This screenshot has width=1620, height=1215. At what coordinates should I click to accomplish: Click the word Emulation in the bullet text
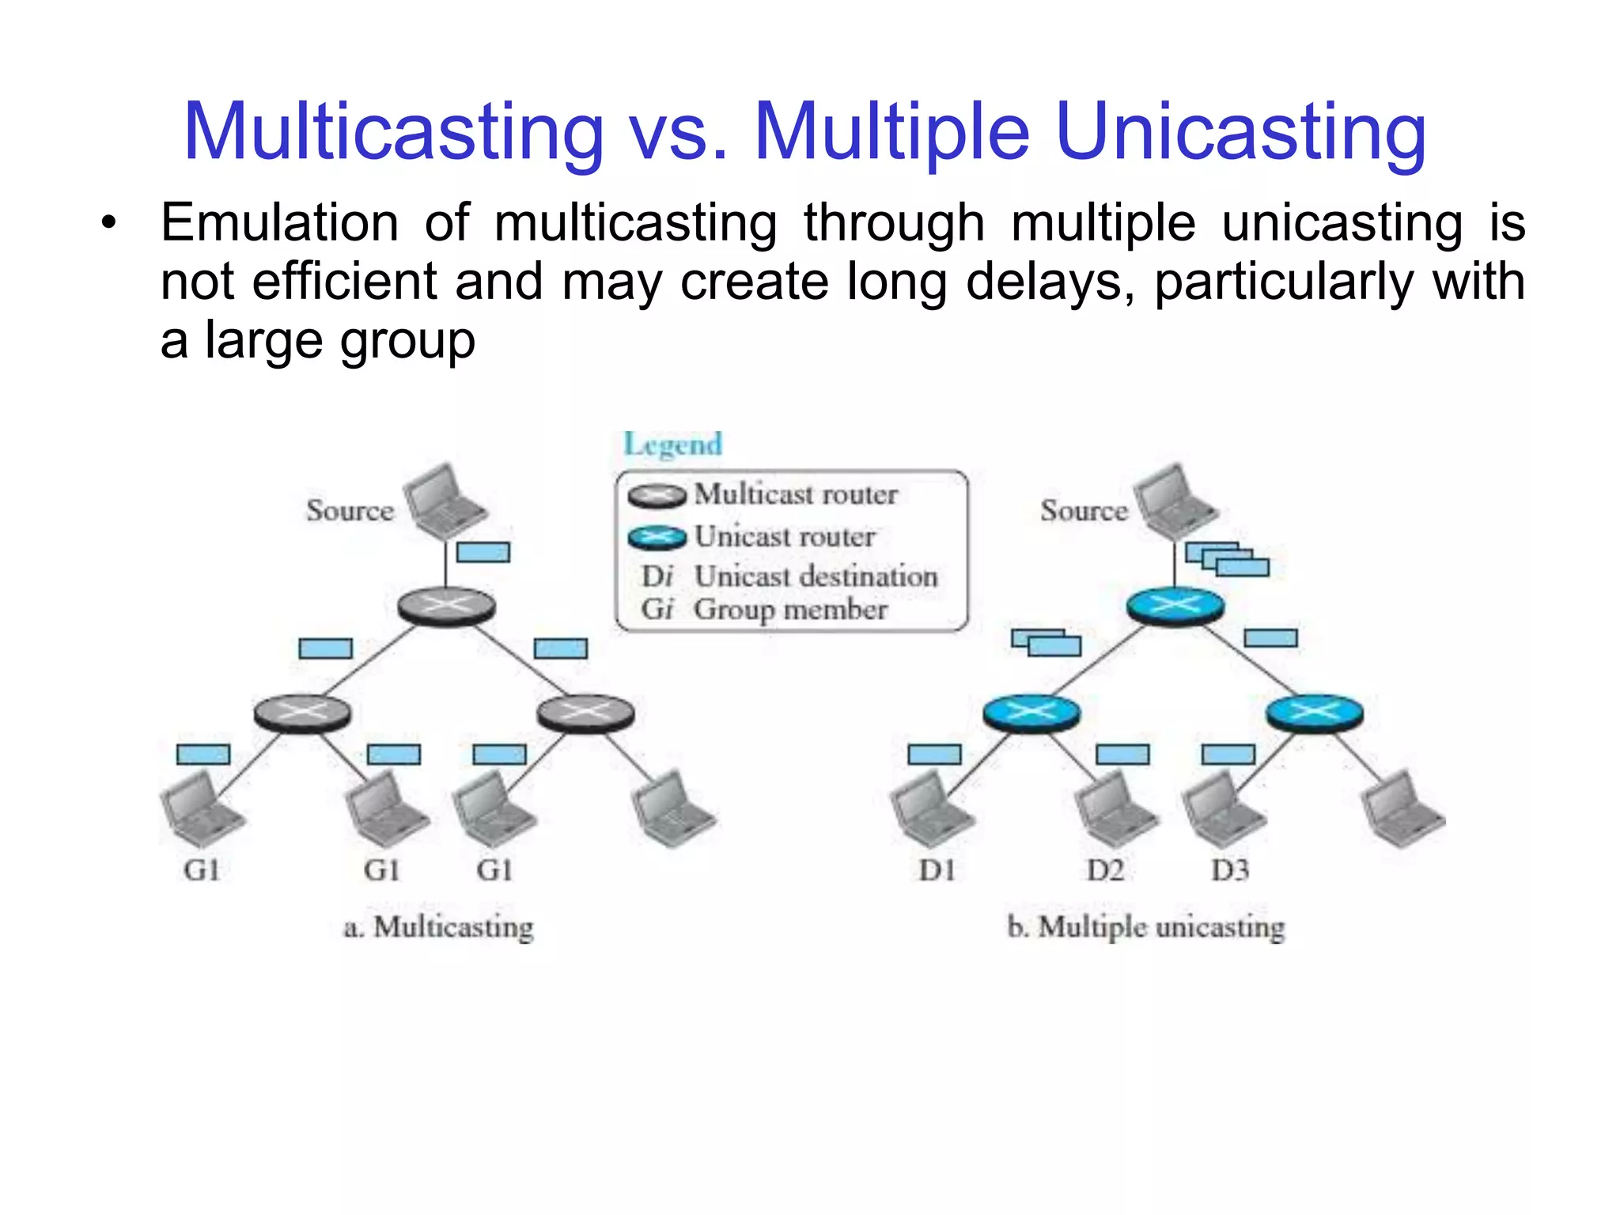tap(279, 223)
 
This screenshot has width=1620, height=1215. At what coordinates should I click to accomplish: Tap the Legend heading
tap(673, 445)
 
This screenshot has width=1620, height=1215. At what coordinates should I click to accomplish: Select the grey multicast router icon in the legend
tap(657, 496)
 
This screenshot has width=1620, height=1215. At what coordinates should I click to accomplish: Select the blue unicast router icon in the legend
tap(657, 538)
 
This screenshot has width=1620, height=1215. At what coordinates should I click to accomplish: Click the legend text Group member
tap(790, 610)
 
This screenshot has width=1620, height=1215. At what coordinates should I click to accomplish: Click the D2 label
tap(1105, 871)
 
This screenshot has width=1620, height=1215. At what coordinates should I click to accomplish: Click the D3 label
tap(1230, 871)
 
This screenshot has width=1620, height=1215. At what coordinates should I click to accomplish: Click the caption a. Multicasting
tap(438, 927)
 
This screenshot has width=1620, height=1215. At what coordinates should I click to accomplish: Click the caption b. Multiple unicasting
tap(1145, 927)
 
